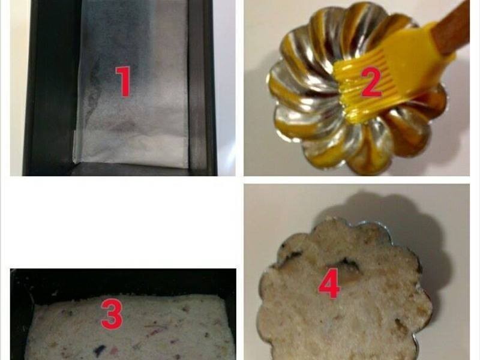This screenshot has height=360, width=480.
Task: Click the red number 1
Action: click(x=124, y=82)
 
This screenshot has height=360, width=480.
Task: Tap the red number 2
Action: click(x=371, y=82)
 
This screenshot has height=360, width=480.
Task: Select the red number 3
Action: click(x=112, y=314)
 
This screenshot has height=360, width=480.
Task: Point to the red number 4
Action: click(x=329, y=283)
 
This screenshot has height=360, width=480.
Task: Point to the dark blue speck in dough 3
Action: click(x=100, y=350)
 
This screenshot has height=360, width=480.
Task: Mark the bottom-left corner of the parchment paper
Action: click(x=73, y=162)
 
